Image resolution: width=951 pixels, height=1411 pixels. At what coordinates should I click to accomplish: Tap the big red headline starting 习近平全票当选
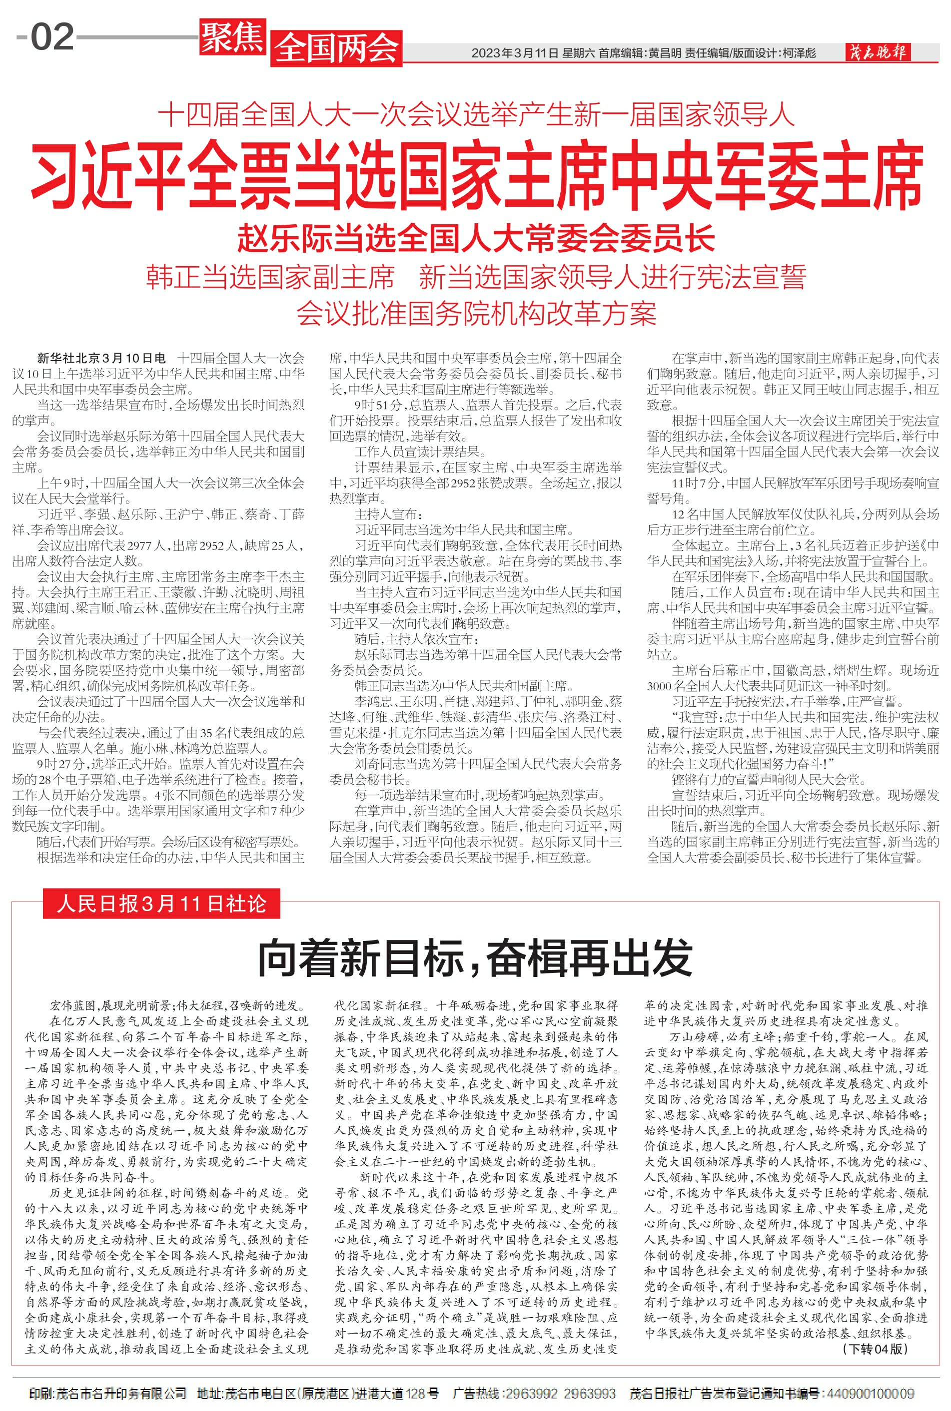click(x=477, y=176)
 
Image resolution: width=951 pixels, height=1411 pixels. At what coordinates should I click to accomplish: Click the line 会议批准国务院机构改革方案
click(x=476, y=313)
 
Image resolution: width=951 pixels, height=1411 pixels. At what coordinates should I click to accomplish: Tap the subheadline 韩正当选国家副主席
click(x=270, y=277)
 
